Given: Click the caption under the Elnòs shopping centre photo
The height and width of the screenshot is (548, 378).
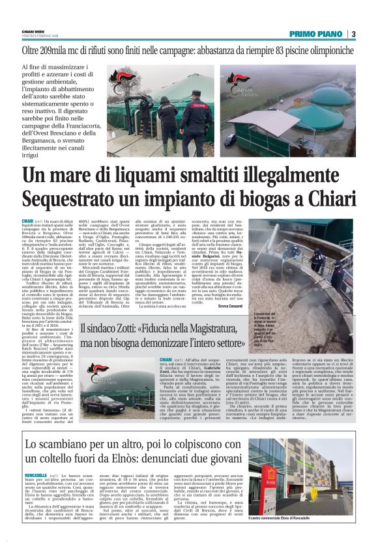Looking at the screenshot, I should pos(305,518).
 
